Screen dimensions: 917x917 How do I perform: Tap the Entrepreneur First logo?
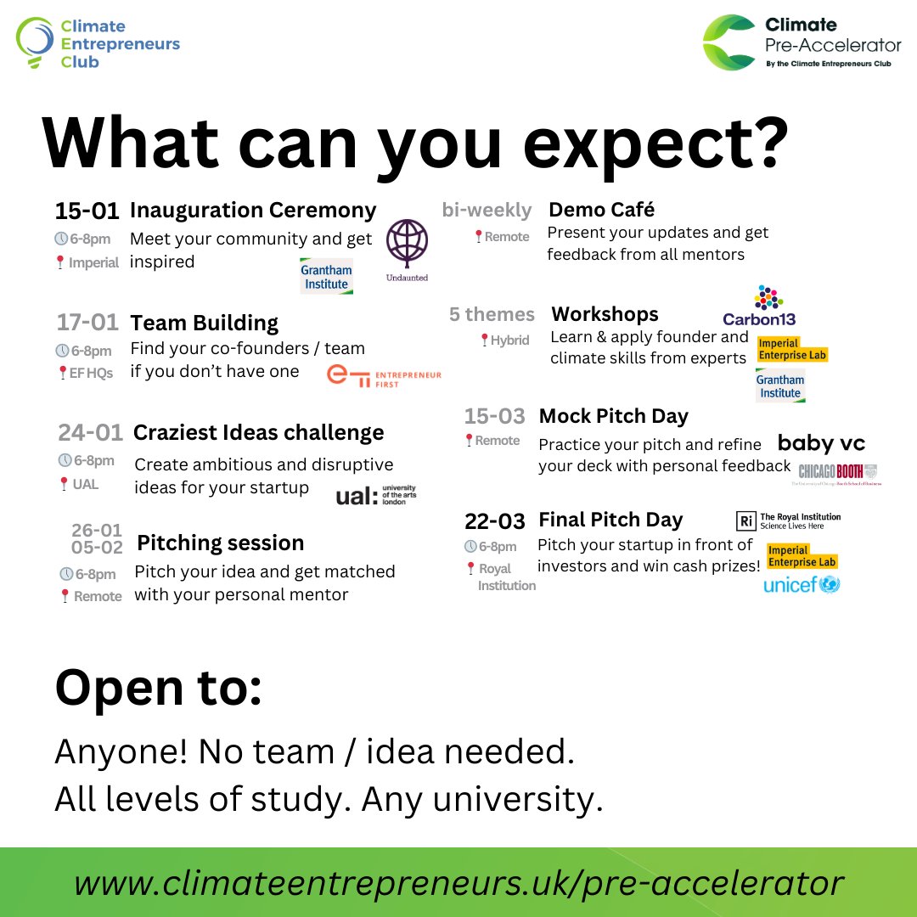(384, 375)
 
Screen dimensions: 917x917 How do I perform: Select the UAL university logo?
(376, 496)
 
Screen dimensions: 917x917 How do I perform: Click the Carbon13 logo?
(759, 307)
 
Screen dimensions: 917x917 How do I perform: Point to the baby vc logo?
(821, 442)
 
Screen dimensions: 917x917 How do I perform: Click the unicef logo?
(802, 584)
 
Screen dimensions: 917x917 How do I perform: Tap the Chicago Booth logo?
(837, 473)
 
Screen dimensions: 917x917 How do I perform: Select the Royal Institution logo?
(788, 520)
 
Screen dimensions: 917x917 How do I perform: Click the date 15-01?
(87, 211)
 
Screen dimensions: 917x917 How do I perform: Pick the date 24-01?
(90, 433)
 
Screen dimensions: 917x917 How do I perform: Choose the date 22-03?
(495, 520)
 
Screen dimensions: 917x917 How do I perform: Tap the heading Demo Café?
(602, 210)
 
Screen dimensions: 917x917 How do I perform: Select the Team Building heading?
(204, 323)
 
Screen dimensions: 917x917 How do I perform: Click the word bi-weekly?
(487, 210)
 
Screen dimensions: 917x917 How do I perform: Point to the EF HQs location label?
(91, 373)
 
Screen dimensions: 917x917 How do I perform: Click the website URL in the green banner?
(458, 883)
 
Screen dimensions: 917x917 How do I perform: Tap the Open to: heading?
(158, 689)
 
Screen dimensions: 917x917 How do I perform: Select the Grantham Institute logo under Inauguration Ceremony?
(326, 277)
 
